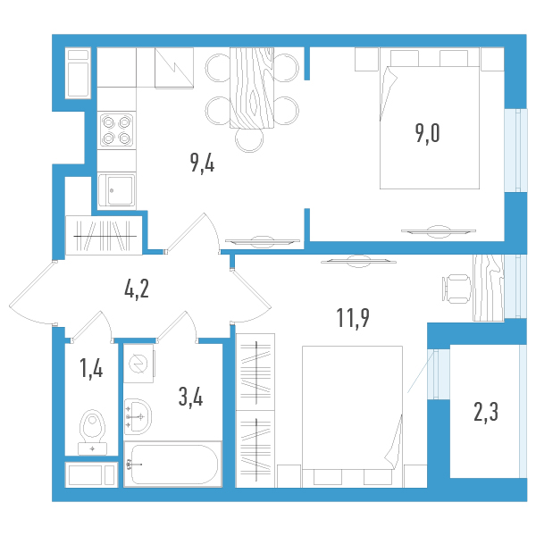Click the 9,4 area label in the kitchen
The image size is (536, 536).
coord(203,163)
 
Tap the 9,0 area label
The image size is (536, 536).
coord(428,133)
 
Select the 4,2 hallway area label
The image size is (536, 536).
coord(137,289)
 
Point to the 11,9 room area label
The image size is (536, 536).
coord(353,317)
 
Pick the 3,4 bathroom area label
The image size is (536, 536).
coord(191,398)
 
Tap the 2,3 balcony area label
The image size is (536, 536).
coord(486,412)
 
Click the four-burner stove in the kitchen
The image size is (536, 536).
coord(116,130)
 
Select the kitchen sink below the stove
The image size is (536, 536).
coord(116,190)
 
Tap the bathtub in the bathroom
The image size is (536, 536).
coord(173,464)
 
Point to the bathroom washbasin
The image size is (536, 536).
coord(138,416)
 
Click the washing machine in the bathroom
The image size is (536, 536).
coord(138,363)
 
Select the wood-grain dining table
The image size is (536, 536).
coord(252,88)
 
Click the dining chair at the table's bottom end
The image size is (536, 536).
coord(249,140)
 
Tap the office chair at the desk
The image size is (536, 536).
coord(456,289)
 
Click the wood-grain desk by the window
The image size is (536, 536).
coord(489,288)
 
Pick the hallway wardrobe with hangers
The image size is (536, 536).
coord(104,235)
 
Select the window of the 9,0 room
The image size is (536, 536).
coord(516,150)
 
